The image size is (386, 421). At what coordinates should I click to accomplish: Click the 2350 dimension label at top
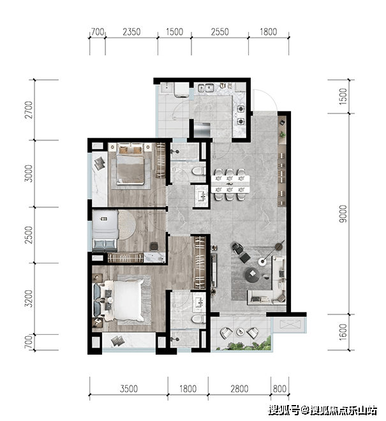pyautogui.click(x=131, y=32)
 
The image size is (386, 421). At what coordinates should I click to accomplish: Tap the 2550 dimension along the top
pyautogui.click(x=219, y=32)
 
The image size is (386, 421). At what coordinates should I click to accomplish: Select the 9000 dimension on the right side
pyautogui.click(x=343, y=214)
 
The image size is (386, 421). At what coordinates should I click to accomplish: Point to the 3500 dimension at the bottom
pyautogui.click(x=129, y=388)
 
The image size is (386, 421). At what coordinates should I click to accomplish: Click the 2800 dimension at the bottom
pyautogui.click(x=239, y=388)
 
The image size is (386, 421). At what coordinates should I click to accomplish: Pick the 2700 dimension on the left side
pyautogui.click(x=28, y=110)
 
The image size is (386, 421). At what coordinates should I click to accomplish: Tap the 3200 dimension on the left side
pyautogui.click(x=28, y=299)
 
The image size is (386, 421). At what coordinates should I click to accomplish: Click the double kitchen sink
pyautogui.click(x=205, y=87)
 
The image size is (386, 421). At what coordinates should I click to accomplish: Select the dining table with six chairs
pyautogui.click(x=230, y=184)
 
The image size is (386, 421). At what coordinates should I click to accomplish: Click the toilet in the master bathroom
pyautogui.click(x=198, y=319)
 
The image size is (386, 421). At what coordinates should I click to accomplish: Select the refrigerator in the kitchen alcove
pyautogui.click(x=202, y=129)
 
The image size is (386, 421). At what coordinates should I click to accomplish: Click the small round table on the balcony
pyautogui.click(x=240, y=332)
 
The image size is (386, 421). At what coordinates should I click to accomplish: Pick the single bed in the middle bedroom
pyautogui.click(x=105, y=231)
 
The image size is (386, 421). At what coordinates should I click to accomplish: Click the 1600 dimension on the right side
pyautogui.click(x=343, y=332)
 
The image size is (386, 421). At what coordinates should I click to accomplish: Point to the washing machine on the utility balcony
pyautogui.click(x=181, y=89)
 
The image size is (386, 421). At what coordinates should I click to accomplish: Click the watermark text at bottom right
pyautogui.click(x=323, y=411)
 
